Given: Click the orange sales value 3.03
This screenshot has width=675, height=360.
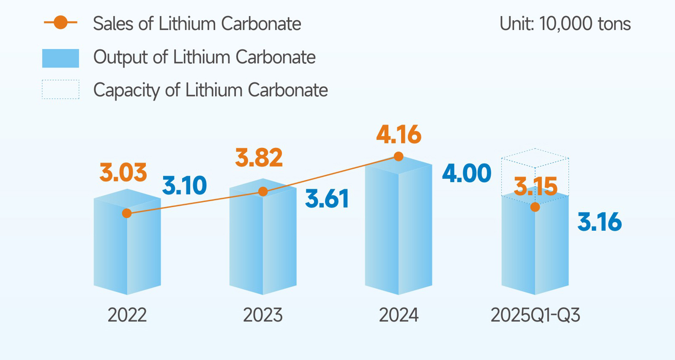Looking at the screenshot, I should (x=123, y=173).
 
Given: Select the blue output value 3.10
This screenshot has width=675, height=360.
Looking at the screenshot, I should (x=185, y=185).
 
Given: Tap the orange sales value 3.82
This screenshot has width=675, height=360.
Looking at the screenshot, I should (x=259, y=158).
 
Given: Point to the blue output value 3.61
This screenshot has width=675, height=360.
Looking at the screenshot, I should (x=327, y=199).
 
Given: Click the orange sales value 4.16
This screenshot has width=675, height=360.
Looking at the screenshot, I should (x=399, y=134).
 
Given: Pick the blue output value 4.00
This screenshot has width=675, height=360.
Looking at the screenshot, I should (x=467, y=173).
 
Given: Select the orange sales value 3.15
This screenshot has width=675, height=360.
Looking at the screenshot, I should (x=536, y=186).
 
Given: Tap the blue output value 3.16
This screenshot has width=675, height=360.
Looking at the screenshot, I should (x=600, y=222).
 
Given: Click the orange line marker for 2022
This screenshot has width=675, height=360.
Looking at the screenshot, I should (x=127, y=213).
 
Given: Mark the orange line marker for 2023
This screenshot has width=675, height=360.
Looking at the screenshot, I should (x=263, y=191).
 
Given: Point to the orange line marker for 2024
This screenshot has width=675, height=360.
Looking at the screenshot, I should (x=399, y=157).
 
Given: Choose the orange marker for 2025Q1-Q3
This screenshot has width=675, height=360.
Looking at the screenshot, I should (x=535, y=207).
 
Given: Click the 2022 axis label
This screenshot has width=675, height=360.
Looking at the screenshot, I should (x=127, y=315).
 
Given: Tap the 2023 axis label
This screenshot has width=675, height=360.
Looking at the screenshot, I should (x=263, y=315).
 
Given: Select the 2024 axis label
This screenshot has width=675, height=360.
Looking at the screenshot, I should (x=399, y=315).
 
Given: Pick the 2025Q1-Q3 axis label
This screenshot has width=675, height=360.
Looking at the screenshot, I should (x=535, y=315).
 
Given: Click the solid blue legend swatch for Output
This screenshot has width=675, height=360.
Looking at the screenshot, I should (x=60, y=58).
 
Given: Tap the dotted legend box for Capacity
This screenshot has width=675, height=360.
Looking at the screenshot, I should (x=60, y=90).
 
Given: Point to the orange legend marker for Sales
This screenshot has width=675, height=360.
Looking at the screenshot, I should (x=60, y=23).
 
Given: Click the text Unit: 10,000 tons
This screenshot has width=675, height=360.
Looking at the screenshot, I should (x=565, y=24).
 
